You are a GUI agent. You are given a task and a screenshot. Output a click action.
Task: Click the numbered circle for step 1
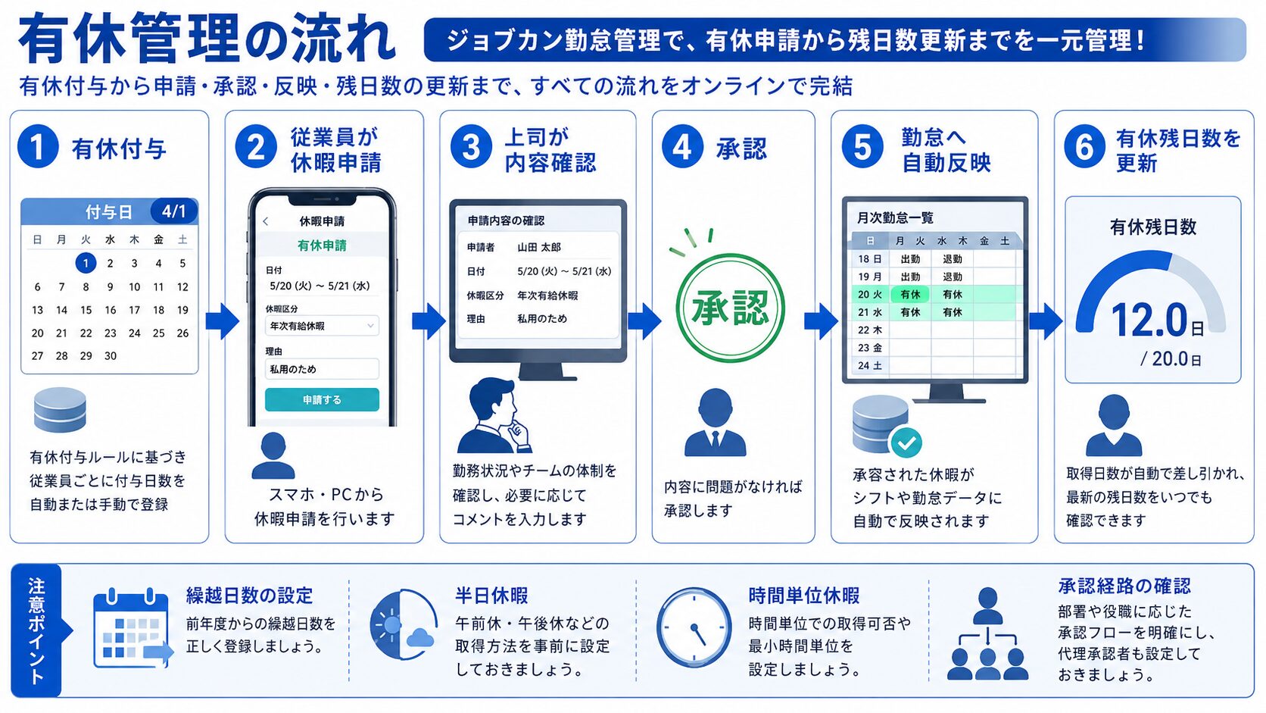coord(38,146)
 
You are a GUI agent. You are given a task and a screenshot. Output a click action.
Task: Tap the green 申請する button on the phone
coord(322,400)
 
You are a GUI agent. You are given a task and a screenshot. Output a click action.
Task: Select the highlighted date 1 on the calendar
coord(86,263)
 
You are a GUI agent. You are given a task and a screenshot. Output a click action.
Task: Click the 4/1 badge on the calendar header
coord(174,211)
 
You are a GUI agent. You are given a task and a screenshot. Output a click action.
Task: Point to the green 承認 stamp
coord(730,308)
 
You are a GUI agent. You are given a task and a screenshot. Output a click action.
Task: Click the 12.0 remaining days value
coord(1149,320)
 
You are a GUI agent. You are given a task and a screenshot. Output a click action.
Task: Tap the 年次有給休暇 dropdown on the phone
coord(322,326)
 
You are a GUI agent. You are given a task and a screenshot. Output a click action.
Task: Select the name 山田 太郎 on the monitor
coord(538,248)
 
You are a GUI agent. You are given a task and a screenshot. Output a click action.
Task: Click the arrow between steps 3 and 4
coord(644,321)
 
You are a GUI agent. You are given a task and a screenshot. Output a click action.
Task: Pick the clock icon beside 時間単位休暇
coord(694,627)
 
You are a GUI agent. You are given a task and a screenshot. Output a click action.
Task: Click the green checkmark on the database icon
coord(906,442)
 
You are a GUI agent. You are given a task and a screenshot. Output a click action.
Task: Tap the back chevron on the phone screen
coord(266,221)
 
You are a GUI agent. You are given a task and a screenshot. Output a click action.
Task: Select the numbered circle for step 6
coord(1084,146)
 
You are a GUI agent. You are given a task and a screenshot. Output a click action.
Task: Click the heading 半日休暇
coord(491,596)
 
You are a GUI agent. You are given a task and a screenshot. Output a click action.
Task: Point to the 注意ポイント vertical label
coord(36,630)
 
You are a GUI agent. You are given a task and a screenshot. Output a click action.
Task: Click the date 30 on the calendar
coord(111,356)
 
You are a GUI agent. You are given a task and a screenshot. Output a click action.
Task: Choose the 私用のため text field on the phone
coord(322,369)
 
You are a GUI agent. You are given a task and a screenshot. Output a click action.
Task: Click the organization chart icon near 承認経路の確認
coord(987,633)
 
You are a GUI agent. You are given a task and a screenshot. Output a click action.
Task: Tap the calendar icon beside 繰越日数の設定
coord(133,628)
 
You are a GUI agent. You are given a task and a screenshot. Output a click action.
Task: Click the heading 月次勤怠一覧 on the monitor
coord(895,217)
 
